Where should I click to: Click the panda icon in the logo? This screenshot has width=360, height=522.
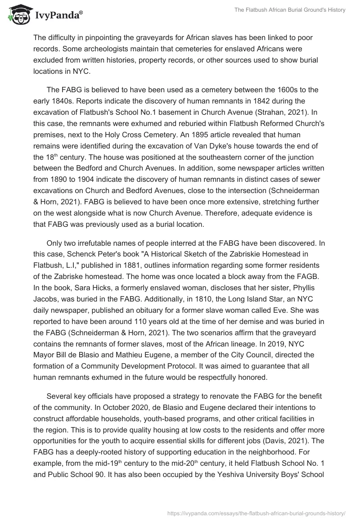click(18, 14)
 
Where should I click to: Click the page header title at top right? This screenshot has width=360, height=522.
click(290, 10)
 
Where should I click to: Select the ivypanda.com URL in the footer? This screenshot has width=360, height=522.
click(256, 513)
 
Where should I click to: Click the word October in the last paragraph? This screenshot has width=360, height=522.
click(101, 405)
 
